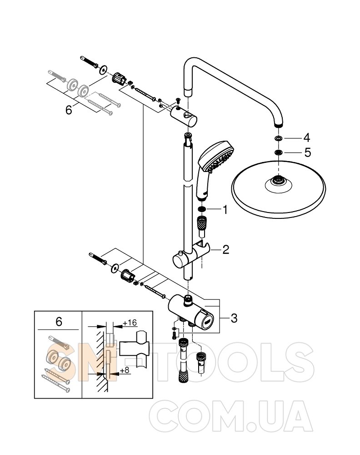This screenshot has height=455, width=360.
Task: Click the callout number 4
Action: coord(307,138)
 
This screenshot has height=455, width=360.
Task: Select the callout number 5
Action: coord(307,152)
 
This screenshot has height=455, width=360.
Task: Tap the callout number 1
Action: coord(225,210)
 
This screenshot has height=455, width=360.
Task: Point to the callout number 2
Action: coord(225,249)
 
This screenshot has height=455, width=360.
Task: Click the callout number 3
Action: coord(234,318)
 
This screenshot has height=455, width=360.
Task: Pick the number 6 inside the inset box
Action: coord(59,322)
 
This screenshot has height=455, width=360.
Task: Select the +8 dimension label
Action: coord(124,370)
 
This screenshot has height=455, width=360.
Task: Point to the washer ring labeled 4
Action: coord(278,138)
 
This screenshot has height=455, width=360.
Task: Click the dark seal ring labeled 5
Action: coord(278,152)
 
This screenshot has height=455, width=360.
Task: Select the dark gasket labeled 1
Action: coord(202,209)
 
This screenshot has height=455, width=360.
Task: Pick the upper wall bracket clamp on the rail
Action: coord(184,116)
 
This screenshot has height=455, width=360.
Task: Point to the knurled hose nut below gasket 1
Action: coord(202,223)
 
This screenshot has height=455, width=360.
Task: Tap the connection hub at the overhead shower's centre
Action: coord(278,182)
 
